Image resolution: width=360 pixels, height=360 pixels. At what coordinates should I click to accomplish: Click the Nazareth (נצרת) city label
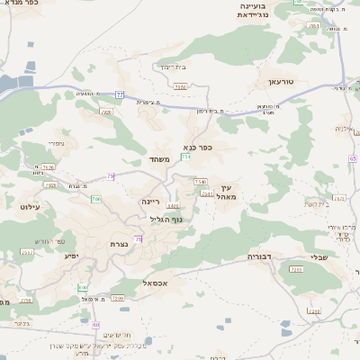(117, 244)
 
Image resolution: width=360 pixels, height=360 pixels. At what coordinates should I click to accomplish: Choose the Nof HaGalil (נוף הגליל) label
(166, 219)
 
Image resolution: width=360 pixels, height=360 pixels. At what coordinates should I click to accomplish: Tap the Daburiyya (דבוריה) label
(260, 256)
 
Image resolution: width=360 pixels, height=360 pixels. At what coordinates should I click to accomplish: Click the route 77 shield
(120, 93)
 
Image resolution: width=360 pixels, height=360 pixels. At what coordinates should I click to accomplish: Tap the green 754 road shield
(185, 157)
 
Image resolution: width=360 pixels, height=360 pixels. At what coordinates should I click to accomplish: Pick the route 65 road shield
(353, 159)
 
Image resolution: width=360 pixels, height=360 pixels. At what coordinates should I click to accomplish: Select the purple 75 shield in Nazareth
(138, 238)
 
